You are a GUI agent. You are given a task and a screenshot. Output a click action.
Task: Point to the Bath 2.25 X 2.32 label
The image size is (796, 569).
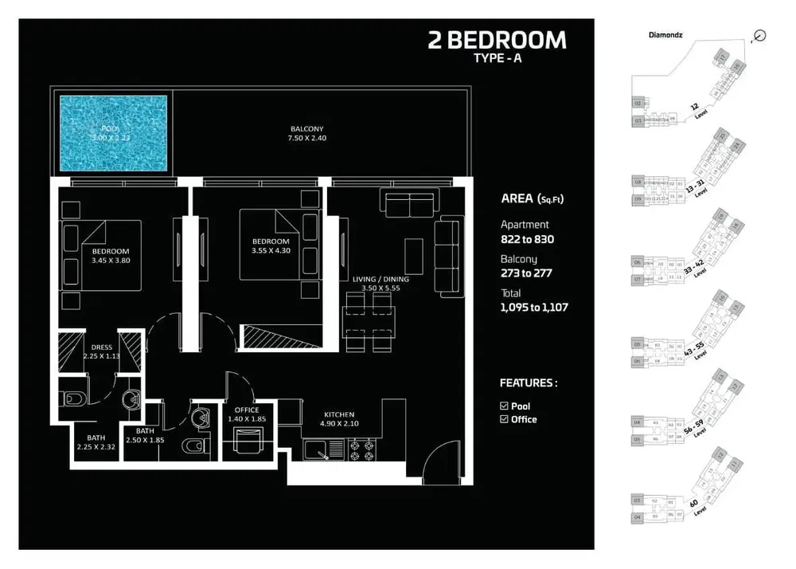(x=96, y=443)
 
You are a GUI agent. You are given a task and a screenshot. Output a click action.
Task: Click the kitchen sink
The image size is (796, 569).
(x=322, y=450)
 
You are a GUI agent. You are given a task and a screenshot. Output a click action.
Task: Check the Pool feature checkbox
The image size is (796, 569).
(x=504, y=406)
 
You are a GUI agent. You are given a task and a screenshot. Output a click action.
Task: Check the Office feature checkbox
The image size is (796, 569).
(x=504, y=419)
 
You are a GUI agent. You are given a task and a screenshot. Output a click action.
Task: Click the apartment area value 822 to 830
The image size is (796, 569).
(x=526, y=239)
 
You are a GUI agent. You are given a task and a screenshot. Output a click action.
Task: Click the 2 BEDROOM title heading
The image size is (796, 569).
(x=497, y=40)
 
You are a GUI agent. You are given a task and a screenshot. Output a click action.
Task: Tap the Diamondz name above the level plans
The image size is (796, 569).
(x=665, y=36)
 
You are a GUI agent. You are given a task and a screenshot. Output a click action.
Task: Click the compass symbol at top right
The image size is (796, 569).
(x=759, y=34)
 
